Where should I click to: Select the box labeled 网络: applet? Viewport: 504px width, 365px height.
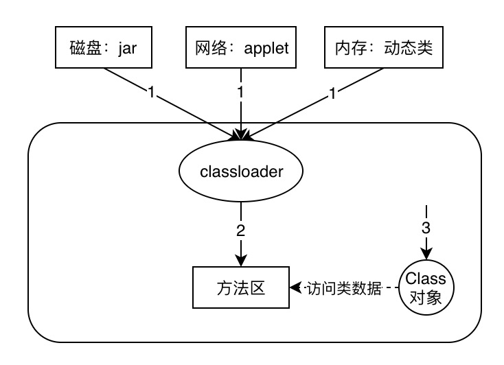pos(241,49)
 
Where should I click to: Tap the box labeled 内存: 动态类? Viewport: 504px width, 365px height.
pos(379,49)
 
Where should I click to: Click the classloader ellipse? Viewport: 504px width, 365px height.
pos(240,172)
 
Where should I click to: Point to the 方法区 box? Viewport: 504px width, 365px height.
pos(240,287)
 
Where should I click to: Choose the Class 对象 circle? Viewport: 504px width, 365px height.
pos(425,287)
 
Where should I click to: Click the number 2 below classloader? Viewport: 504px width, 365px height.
pos(240,231)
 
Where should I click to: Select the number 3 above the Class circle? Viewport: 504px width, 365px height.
pos(426,226)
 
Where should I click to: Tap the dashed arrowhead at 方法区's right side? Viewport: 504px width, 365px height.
pos(294,287)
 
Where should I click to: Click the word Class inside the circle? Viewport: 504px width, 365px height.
pos(425,279)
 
